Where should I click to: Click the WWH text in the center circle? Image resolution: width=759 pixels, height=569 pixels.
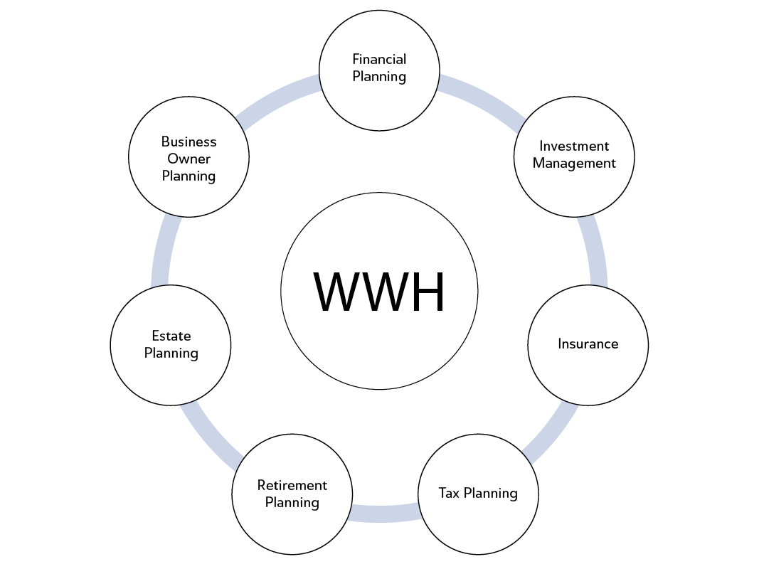click(x=379, y=291)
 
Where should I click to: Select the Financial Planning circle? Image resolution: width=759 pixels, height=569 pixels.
click(x=379, y=68)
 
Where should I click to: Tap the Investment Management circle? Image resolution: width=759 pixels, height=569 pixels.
click(x=574, y=154)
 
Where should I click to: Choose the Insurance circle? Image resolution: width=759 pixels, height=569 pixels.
click(x=588, y=344)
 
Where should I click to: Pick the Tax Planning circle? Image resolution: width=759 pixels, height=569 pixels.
click(x=478, y=493)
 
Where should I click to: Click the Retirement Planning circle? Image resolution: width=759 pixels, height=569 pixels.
click(x=292, y=494)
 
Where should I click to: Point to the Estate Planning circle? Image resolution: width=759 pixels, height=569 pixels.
click(x=171, y=344)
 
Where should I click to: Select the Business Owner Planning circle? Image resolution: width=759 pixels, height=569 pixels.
click(x=189, y=158)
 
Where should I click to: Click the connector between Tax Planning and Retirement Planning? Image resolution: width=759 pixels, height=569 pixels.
click(x=385, y=514)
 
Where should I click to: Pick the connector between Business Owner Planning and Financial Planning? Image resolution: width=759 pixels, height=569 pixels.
click(x=277, y=100)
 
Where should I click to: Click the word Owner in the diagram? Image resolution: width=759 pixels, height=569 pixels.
click(x=189, y=159)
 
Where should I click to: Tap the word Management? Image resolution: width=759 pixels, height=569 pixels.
click(x=574, y=163)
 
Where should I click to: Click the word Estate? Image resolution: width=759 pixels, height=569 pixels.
click(x=171, y=336)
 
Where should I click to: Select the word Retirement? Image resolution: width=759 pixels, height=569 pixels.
click(x=292, y=485)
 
